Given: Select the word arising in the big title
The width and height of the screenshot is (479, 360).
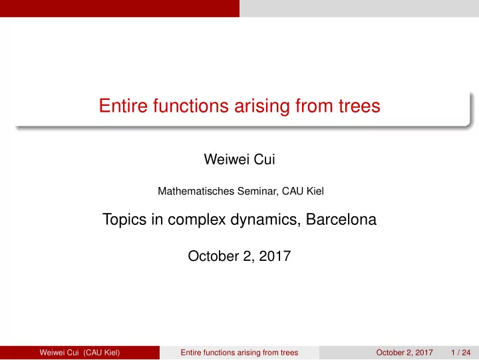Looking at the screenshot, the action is click(x=262, y=106).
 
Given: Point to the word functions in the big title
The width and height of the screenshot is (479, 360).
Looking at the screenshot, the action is click(x=191, y=106).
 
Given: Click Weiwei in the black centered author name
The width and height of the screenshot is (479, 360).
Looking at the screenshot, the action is click(x=226, y=159).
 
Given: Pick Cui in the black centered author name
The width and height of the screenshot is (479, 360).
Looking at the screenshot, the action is click(x=264, y=159).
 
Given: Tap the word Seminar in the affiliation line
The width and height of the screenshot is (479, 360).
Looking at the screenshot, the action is click(x=257, y=192).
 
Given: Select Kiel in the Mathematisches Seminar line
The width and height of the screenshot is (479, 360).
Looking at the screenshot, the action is click(x=315, y=191).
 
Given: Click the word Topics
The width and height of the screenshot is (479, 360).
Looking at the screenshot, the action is click(x=124, y=220).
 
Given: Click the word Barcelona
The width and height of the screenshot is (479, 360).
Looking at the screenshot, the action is click(x=341, y=220).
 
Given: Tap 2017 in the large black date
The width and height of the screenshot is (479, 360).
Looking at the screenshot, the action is click(x=275, y=256).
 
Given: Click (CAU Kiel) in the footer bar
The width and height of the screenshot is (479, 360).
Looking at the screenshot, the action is click(x=101, y=353).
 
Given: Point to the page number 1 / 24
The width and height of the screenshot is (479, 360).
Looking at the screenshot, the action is click(x=460, y=353).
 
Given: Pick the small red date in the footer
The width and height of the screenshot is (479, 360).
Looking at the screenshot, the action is click(x=404, y=353).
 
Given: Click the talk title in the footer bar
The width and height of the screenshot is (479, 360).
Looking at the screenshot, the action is click(x=239, y=353).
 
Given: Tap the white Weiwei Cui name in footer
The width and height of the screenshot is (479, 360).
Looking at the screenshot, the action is click(x=59, y=353).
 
